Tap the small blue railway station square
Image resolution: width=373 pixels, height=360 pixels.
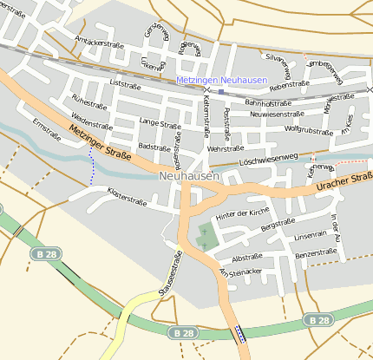coord(221,91)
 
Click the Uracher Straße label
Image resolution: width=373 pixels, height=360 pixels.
coord(342,183)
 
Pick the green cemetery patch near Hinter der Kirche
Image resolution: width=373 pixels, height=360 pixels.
coord(206,235)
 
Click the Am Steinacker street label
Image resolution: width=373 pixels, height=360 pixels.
coord(240,272)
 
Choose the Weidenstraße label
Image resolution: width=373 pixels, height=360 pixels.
coord(90,118)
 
